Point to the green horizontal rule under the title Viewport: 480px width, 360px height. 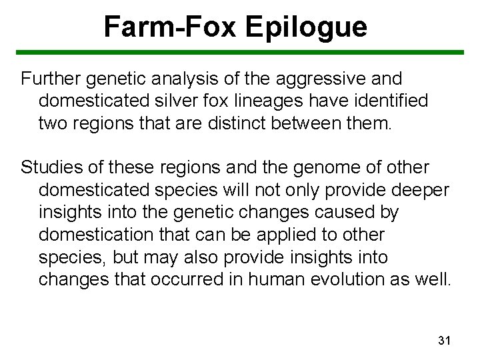point(240,52)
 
